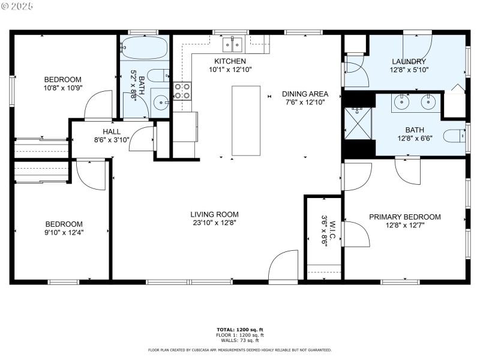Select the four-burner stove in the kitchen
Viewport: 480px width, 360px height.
tap(182, 91)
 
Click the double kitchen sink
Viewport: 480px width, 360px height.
tap(232, 43)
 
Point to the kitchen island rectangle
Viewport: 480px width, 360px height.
tap(246, 121)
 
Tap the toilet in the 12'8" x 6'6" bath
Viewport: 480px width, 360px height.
tap(454, 136)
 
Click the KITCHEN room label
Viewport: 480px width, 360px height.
tap(230, 61)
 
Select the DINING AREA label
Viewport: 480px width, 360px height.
tap(305, 94)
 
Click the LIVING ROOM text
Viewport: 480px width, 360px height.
tap(214, 214)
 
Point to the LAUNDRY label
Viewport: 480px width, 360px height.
tap(409, 61)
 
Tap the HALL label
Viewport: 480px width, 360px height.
tap(111, 131)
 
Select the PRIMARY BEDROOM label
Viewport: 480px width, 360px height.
tap(404, 217)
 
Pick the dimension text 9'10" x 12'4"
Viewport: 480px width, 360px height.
tap(62, 232)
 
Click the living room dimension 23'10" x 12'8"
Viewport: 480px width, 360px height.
tap(214, 223)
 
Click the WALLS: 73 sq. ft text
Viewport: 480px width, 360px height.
tap(240, 340)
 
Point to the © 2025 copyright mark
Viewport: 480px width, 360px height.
tap(17, 5)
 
